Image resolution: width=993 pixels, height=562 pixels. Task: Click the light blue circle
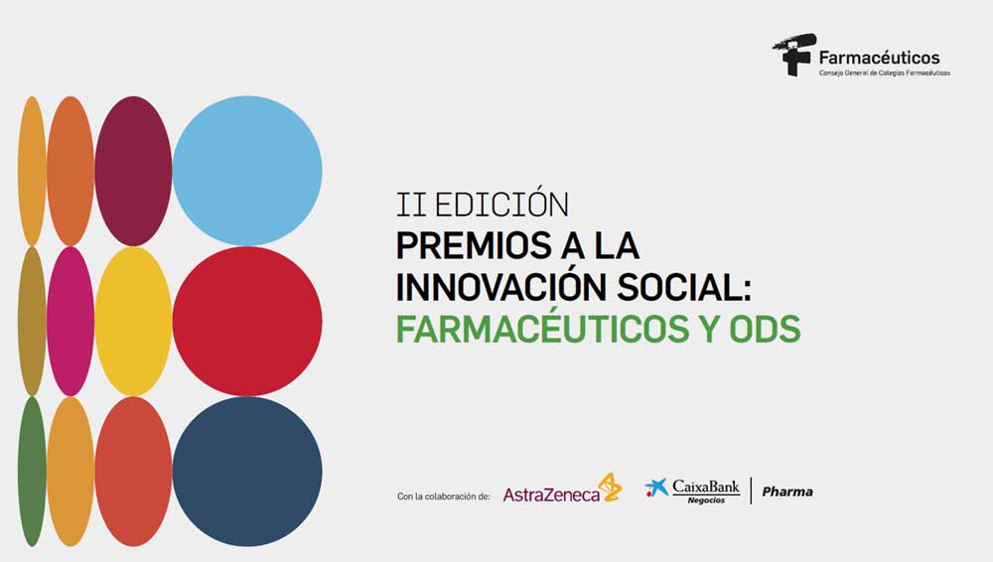click(247, 171)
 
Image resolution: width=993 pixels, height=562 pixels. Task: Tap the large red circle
click(247, 322)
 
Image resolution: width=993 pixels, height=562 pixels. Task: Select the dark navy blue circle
click(247, 472)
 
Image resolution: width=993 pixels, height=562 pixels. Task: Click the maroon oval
click(133, 171)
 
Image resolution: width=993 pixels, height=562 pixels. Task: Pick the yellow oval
click(133, 322)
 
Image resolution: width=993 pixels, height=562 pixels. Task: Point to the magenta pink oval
click(71, 322)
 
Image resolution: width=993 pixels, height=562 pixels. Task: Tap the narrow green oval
click(32, 472)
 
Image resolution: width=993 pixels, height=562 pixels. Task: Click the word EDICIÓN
click(501, 204)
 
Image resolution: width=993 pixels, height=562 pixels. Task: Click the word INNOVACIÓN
click(500, 287)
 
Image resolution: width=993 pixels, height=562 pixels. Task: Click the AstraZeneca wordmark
click(551, 494)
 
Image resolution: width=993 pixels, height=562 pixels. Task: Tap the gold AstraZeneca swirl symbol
click(611, 487)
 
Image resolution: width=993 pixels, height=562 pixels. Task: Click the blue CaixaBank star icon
click(656, 488)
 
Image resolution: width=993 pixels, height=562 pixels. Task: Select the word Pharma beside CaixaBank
click(787, 492)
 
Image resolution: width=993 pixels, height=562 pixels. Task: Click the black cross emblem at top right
click(793, 55)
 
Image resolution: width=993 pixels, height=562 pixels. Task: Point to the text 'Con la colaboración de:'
click(443, 496)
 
